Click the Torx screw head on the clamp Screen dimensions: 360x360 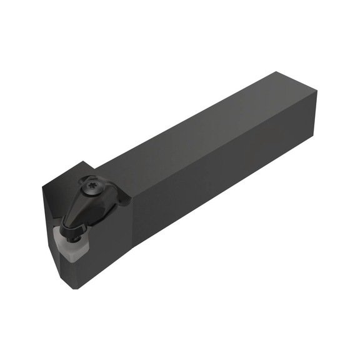click(x=88, y=186)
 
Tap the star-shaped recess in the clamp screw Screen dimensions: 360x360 click(x=88, y=186)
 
